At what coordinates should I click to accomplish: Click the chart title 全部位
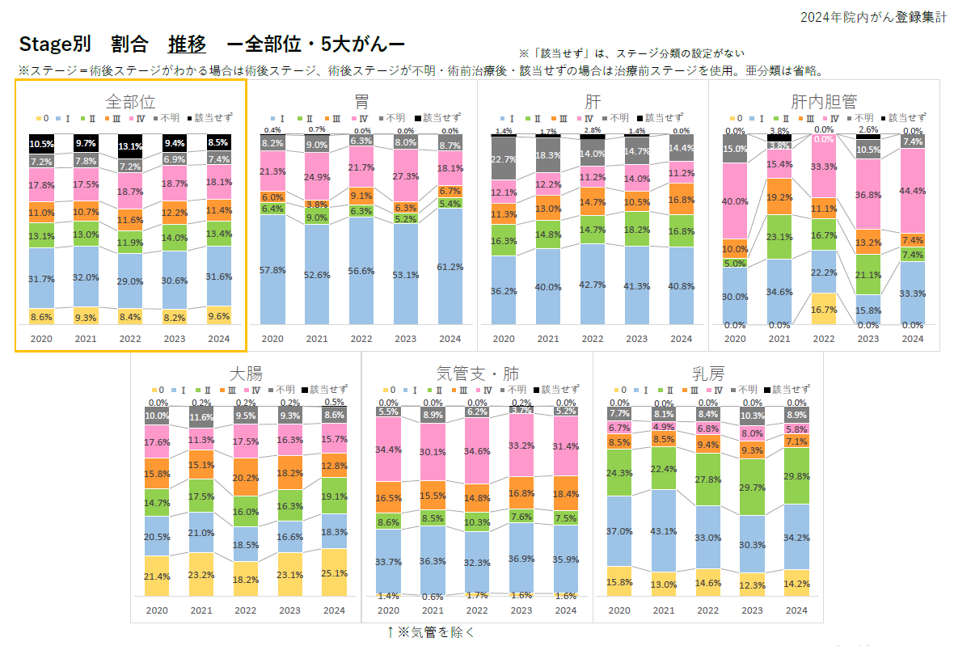click(130, 102)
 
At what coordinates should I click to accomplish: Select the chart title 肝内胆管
click(824, 102)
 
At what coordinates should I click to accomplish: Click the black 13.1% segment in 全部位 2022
click(130, 147)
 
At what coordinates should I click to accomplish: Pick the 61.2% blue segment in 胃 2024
click(450, 267)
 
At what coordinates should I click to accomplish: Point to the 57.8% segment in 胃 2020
click(272, 269)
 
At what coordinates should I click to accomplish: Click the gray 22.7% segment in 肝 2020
click(504, 158)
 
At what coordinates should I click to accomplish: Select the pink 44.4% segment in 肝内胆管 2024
click(912, 191)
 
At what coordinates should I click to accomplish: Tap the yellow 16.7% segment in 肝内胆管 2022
click(823, 309)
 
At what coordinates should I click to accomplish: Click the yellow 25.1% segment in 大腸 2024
click(334, 574)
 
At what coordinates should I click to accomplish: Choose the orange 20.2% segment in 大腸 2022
click(245, 477)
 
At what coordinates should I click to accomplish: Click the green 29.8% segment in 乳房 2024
click(796, 475)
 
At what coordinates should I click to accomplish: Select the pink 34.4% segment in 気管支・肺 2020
click(388, 450)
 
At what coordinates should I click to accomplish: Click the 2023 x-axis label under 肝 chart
click(637, 339)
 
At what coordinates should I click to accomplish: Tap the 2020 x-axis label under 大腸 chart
click(157, 610)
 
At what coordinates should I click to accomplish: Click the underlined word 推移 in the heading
click(187, 44)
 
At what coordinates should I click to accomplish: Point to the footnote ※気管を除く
click(430, 631)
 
